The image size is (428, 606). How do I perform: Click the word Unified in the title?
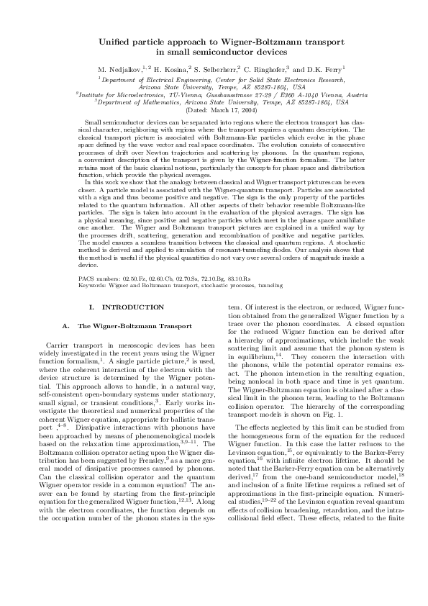[115, 42]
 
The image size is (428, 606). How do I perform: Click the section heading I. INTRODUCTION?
[118, 308]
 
